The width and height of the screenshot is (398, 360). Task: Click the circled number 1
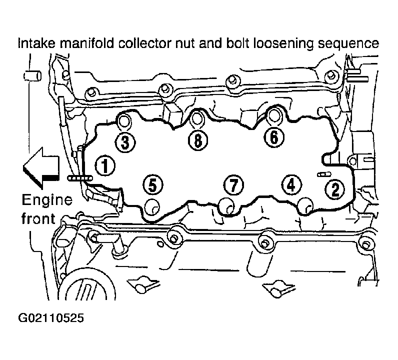coord(105,165)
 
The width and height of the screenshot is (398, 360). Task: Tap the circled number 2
coord(335,189)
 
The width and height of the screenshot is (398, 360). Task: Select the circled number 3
coord(125,142)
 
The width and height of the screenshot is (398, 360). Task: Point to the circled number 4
coord(291,184)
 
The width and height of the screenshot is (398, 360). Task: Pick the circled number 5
coord(152,184)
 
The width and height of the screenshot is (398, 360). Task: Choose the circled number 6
coord(274,137)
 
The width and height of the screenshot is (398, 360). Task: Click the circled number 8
coord(198,140)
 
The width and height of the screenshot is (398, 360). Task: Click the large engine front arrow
coord(41,168)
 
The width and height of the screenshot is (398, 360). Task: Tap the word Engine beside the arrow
coord(47,200)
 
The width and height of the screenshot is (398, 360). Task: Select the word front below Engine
coord(38,218)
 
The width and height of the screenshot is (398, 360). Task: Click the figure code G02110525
coord(51,318)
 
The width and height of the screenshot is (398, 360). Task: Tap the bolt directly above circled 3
coord(124,121)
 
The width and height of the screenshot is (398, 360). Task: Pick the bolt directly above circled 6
coord(273,115)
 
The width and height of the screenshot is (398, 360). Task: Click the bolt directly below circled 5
coord(152,206)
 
